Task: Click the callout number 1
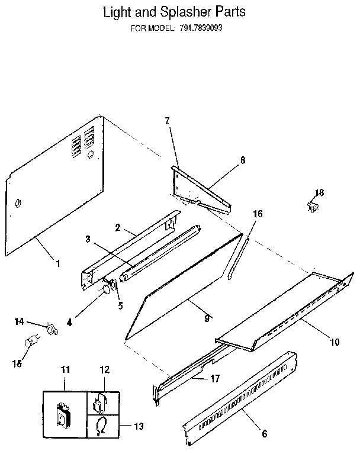(57, 263)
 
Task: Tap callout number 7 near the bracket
(167, 121)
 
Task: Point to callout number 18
(319, 192)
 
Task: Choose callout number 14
(20, 321)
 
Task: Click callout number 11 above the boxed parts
(65, 369)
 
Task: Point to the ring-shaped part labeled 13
(101, 424)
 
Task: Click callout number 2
(118, 227)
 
